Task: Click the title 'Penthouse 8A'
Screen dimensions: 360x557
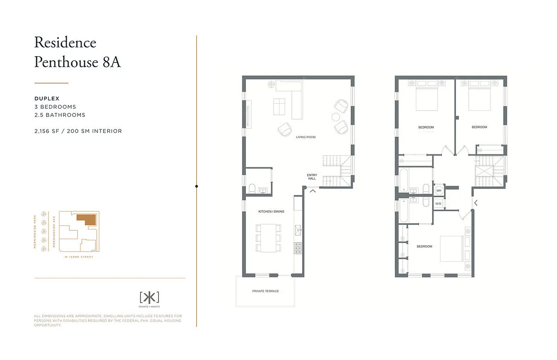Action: tap(77, 62)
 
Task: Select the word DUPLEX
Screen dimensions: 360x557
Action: tap(47, 99)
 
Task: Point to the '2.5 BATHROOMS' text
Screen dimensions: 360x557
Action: tap(60, 115)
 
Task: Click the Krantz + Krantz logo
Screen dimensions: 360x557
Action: tap(149, 297)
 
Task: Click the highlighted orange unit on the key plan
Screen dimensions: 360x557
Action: tap(88, 219)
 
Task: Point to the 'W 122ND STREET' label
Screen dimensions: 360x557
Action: tap(79, 257)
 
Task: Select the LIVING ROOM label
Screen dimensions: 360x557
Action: tap(305, 137)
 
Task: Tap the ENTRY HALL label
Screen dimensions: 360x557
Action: tap(312, 177)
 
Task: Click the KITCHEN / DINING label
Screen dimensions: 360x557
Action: tap(271, 211)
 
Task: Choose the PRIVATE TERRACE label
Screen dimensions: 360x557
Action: tap(265, 291)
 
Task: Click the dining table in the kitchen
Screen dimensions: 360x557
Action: tap(269, 238)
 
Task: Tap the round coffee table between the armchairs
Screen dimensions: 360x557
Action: tap(336, 117)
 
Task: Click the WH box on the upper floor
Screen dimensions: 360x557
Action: tap(439, 191)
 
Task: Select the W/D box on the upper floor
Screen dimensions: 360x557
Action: tap(439, 204)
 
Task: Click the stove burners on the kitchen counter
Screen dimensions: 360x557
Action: tap(298, 248)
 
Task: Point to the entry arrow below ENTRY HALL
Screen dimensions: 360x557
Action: tap(312, 190)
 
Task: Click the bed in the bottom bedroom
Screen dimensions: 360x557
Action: tap(453, 248)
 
